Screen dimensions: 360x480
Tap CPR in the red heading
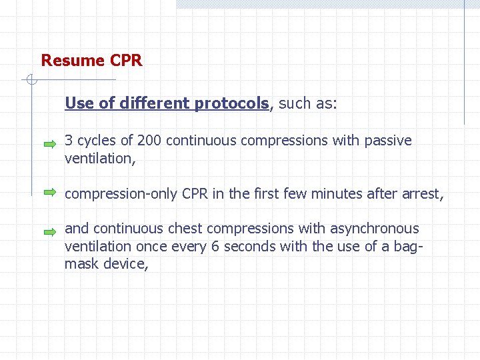pyautogui.click(x=125, y=61)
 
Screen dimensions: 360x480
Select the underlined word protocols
pyautogui.click(x=231, y=103)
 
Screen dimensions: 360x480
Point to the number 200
pyautogui.click(x=149, y=141)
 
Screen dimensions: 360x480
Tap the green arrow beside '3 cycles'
pyautogui.click(x=50, y=143)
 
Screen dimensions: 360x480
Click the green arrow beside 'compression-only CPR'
pyautogui.click(x=50, y=193)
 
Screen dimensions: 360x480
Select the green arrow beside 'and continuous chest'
pyautogui.click(x=50, y=233)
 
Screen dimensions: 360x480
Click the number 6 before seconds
pyautogui.click(x=215, y=246)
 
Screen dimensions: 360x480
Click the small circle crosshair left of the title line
pyautogui.click(x=31, y=81)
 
